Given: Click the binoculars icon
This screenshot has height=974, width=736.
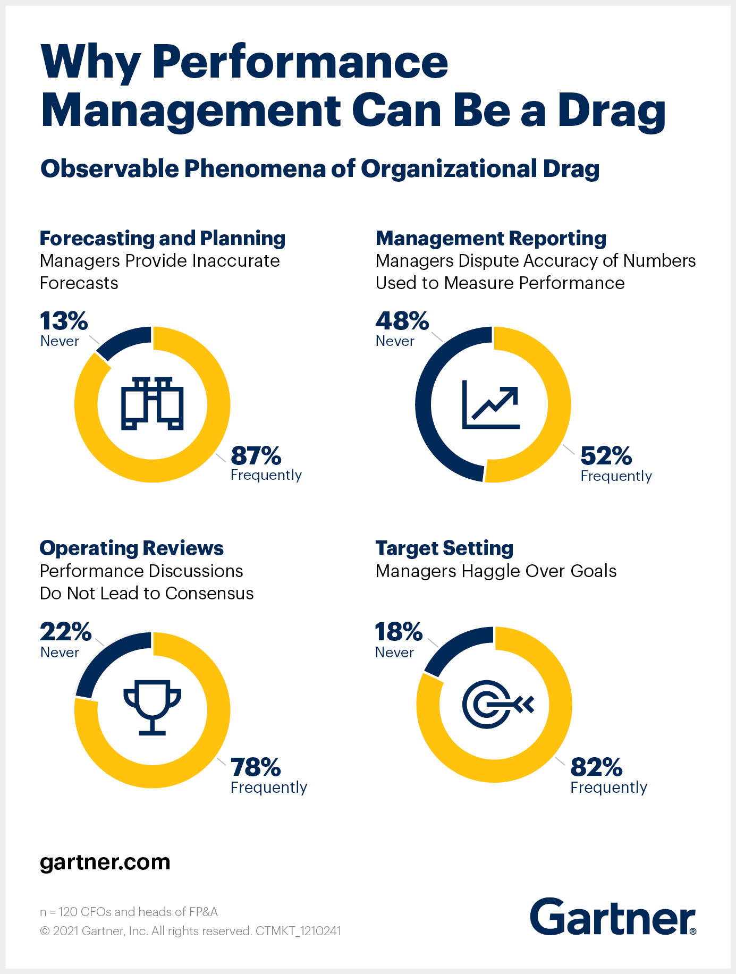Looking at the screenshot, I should [x=153, y=403].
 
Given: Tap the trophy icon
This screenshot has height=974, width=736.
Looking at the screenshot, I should [x=153, y=707].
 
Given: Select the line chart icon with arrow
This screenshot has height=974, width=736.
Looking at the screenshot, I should [x=491, y=405].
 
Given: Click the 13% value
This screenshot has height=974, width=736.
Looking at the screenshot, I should [x=64, y=321].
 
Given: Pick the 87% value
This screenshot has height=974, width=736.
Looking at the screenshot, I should [x=256, y=456].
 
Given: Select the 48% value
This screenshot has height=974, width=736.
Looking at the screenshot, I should [x=402, y=321].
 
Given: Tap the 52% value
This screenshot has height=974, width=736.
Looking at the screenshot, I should [x=606, y=456].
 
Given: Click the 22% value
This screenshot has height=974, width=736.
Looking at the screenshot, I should [x=65, y=632].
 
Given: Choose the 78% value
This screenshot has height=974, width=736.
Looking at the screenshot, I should [x=256, y=767].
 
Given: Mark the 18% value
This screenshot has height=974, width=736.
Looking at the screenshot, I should [x=399, y=632].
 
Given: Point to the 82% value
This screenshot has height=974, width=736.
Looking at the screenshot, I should [x=596, y=767].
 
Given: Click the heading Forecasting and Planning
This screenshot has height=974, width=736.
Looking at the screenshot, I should [x=163, y=239].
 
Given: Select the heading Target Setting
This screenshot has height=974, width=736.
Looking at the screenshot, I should [x=444, y=548].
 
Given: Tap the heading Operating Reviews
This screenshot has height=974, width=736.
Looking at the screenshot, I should [x=132, y=548].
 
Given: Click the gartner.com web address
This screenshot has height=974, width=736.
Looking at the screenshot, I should [x=105, y=862].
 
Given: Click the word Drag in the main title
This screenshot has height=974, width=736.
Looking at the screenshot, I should [x=611, y=111].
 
